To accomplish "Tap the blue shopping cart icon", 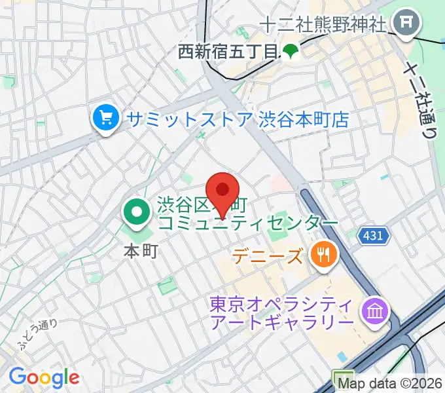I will [105, 119].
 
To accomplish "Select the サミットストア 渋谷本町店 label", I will [239, 119].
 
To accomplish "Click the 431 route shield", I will [374, 234].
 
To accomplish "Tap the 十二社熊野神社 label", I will [323, 25].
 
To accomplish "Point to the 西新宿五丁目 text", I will [228, 52].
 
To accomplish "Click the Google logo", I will [44, 377].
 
